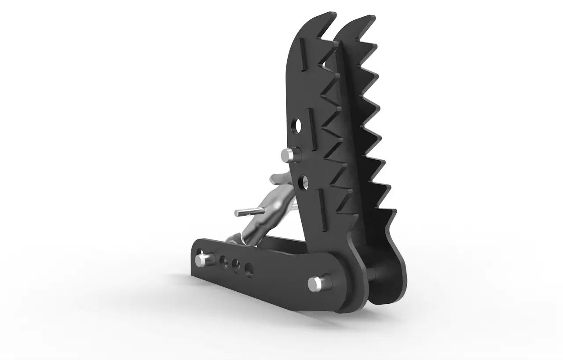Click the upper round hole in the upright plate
[297, 125]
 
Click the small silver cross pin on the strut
[245, 213]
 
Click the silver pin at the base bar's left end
[201, 259]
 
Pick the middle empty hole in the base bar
[236, 265]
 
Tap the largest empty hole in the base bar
[249, 269]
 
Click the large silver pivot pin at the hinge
[316, 283]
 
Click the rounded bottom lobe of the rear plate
[387, 282]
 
